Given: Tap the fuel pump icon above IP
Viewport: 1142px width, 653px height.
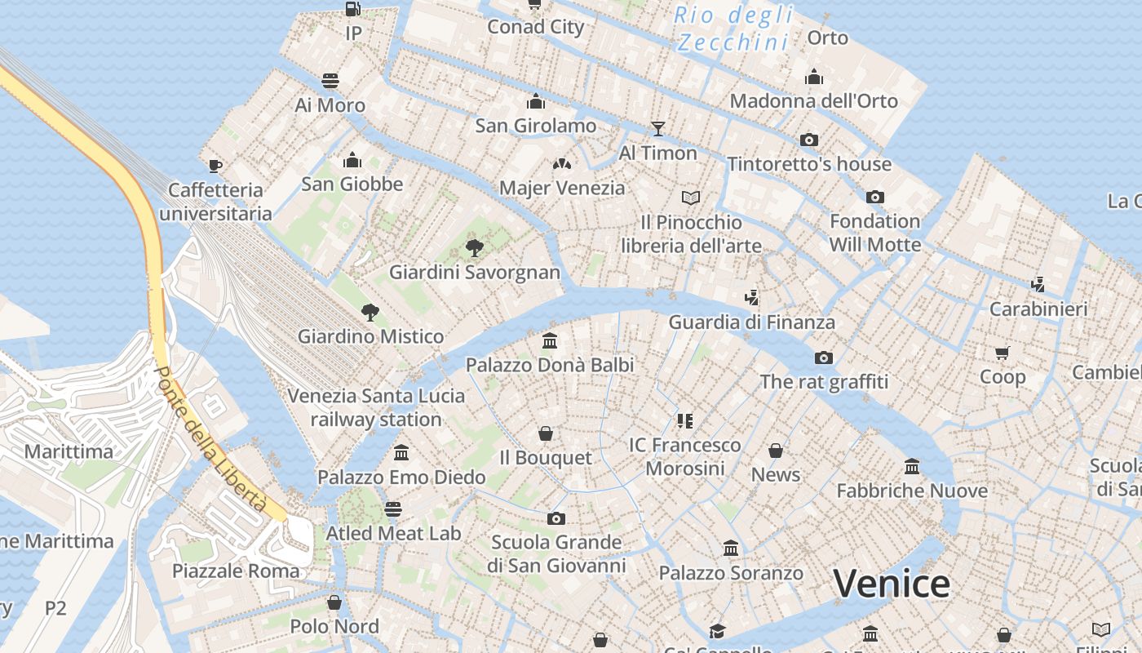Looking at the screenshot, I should tap(352, 9).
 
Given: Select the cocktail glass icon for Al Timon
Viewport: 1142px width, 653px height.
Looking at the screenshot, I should tap(657, 128).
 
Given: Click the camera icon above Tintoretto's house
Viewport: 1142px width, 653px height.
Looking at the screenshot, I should tap(809, 140).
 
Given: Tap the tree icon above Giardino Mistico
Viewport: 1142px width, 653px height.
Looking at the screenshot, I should tap(370, 312).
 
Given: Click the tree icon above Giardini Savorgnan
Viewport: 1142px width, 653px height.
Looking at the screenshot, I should tap(474, 248).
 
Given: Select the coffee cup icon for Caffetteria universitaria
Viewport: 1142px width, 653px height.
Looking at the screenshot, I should tap(215, 166).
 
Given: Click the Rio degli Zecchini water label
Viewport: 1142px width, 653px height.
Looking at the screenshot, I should tap(734, 28).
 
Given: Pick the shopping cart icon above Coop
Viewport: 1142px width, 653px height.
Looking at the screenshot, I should tap(1003, 353).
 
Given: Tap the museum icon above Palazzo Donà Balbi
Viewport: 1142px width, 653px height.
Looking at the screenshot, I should tap(550, 340).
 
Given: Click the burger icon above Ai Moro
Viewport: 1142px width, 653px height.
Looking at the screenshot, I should tap(330, 81).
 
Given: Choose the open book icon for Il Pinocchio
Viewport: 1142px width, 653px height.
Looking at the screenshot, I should tap(691, 198).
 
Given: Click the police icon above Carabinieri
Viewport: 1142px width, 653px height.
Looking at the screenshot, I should tap(1038, 285).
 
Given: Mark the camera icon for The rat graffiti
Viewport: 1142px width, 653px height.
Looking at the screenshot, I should tap(824, 358).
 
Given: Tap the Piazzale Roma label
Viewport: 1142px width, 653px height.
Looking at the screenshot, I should tap(236, 571).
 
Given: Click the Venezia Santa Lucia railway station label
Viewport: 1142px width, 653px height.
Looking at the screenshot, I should tap(376, 407).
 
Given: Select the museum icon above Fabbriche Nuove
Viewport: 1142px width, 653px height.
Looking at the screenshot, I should tap(912, 467).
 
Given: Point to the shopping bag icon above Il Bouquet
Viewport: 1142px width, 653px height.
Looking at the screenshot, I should tap(545, 433).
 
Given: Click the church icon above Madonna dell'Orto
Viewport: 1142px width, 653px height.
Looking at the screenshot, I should tap(813, 78).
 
